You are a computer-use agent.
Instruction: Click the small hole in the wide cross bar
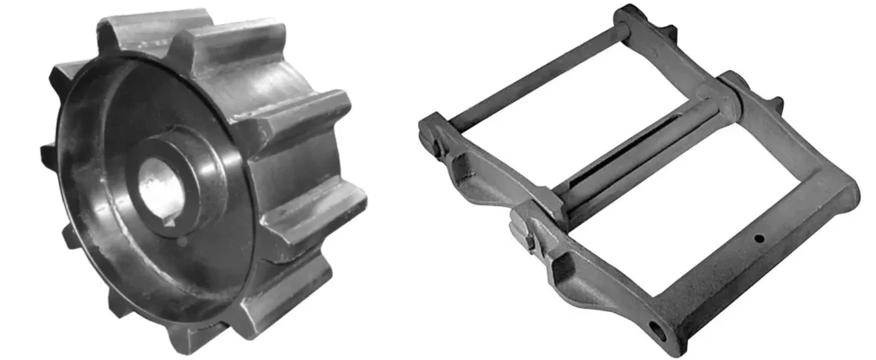click(x=758, y=239)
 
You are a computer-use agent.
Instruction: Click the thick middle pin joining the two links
click(x=642, y=150)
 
